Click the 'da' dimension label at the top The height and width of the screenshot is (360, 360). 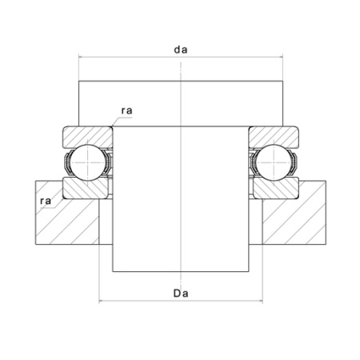pyautogui.click(x=181, y=50)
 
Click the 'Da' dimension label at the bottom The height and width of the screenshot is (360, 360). pyautogui.click(x=181, y=294)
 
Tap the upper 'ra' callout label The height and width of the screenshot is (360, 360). pyautogui.click(x=126, y=110)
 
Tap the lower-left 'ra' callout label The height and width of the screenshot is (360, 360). pyautogui.click(x=46, y=201)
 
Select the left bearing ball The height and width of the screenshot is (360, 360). pyautogui.click(x=88, y=162)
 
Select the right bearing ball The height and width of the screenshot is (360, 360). pyautogui.click(x=274, y=162)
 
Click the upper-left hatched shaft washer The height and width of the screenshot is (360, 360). pyautogui.click(x=87, y=137)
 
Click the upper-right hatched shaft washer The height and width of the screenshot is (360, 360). pyautogui.click(x=274, y=137)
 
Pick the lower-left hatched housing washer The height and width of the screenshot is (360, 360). pyautogui.click(x=86, y=188)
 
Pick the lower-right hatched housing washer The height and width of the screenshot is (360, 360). pyautogui.click(x=276, y=188)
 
